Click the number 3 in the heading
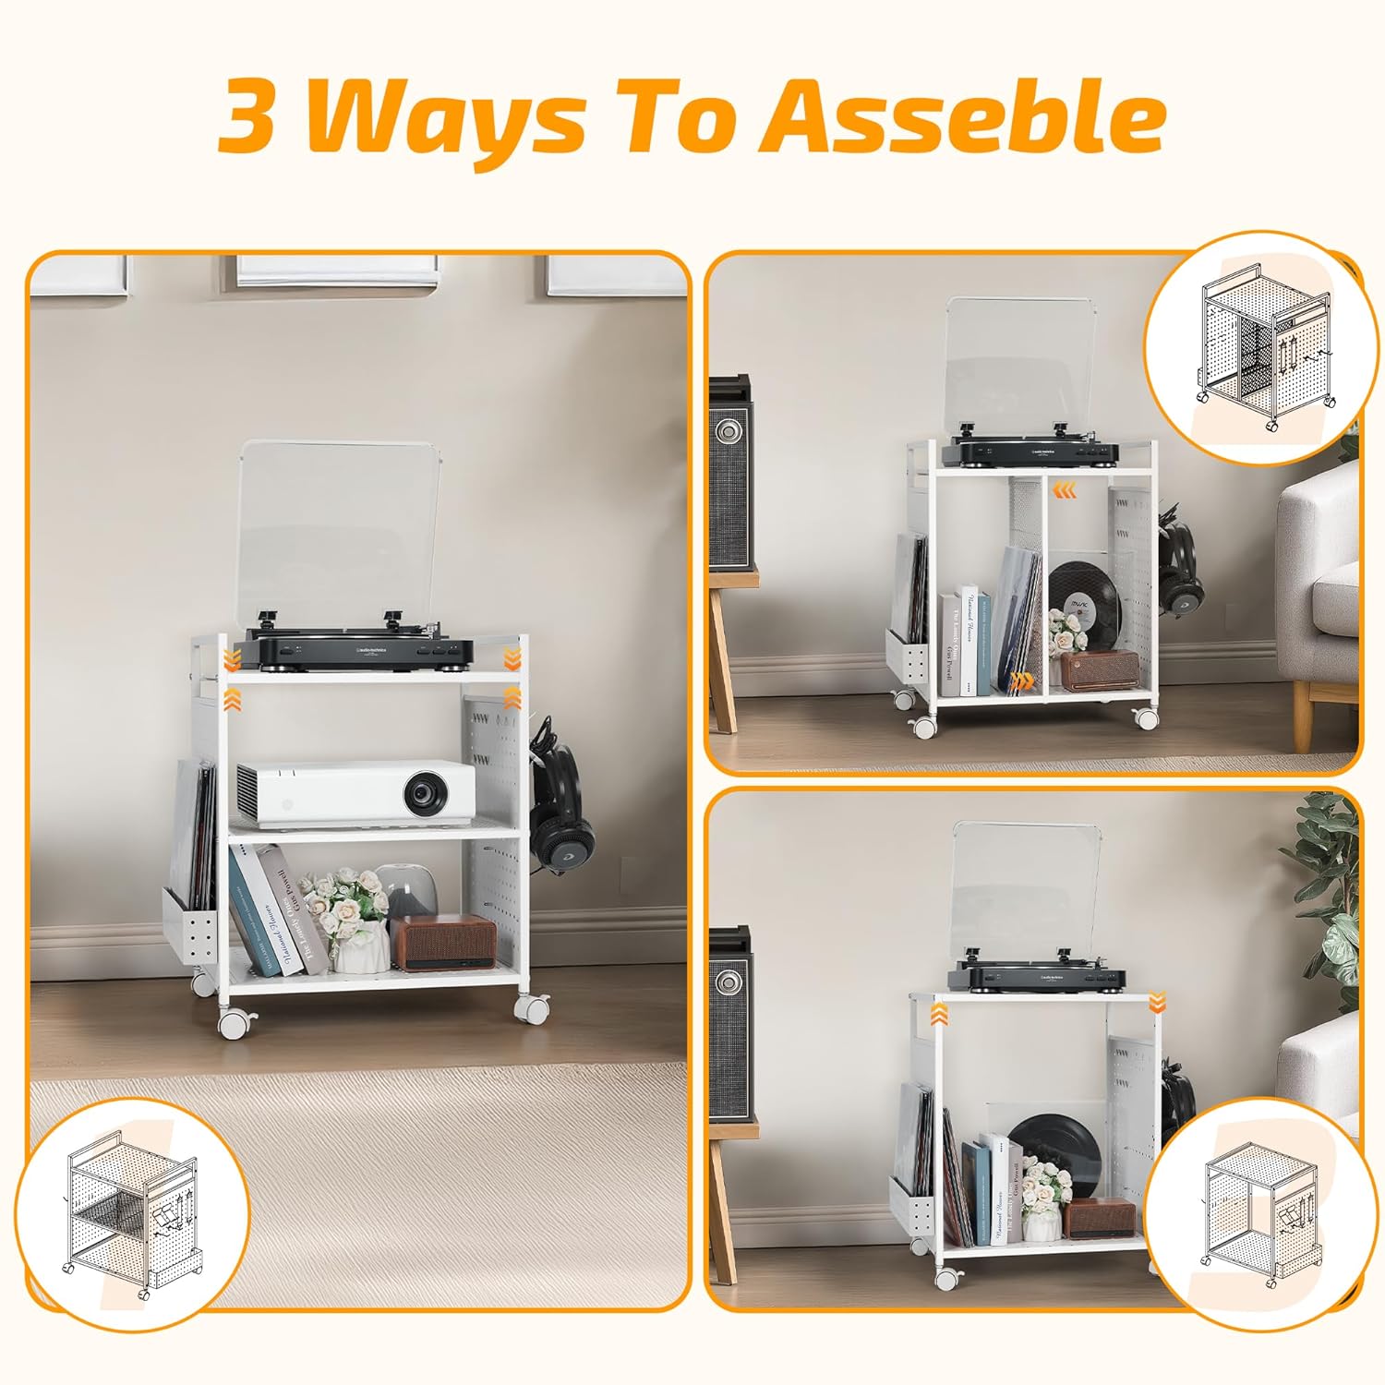click(x=247, y=118)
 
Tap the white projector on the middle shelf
click(x=356, y=792)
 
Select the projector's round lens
click(x=426, y=792)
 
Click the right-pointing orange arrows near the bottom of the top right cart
click(x=1021, y=682)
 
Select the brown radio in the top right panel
click(x=1099, y=669)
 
